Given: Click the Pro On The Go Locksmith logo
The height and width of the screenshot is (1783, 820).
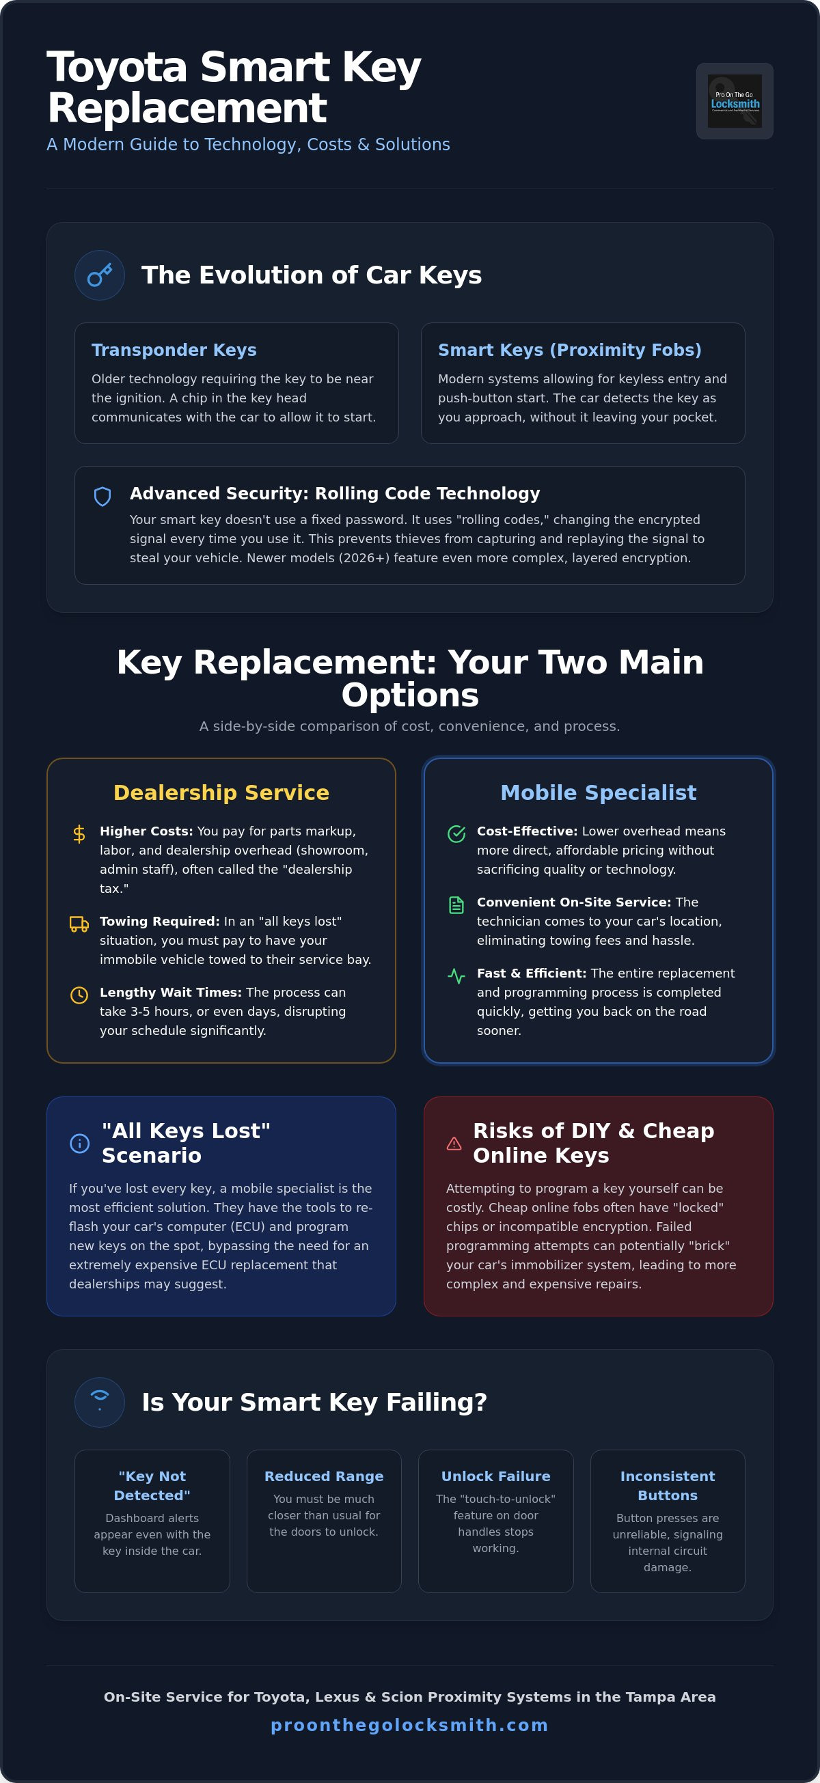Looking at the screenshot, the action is [x=734, y=101].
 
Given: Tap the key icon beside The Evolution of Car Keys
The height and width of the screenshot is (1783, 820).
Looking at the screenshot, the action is [x=100, y=275].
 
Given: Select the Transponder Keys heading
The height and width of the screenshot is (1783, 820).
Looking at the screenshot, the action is [x=174, y=350].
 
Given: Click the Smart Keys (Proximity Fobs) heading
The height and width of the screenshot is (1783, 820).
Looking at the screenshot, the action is [x=569, y=350].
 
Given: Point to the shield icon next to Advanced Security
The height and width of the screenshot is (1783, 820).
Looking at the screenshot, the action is [x=102, y=496].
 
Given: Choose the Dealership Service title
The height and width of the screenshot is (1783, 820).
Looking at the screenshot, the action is [x=221, y=792].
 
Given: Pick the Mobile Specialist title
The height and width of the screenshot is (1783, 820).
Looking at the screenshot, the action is [x=599, y=792].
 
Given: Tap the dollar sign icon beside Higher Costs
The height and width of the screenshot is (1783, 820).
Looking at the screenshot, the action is [x=80, y=834].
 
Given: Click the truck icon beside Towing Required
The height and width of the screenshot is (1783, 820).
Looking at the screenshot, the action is [x=80, y=924].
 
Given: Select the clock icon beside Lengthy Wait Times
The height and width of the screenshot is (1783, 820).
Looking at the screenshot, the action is [x=80, y=995].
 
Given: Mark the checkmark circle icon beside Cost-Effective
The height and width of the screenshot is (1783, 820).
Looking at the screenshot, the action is [x=456, y=834].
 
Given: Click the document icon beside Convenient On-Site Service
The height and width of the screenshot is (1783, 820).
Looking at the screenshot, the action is [x=456, y=905].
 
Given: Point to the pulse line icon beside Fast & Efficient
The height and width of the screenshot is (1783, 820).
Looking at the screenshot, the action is [x=456, y=976].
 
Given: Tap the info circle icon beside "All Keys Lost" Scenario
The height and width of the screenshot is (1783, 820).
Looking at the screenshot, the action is [x=80, y=1144].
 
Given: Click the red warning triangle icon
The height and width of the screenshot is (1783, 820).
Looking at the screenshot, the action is [x=454, y=1144].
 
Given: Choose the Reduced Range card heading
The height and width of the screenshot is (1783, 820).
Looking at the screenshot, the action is [x=324, y=1476].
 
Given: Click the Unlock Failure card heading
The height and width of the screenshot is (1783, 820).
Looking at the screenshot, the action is [x=496, y=1476].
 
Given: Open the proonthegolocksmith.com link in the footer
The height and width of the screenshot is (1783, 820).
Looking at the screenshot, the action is [x=410, y=1726].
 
